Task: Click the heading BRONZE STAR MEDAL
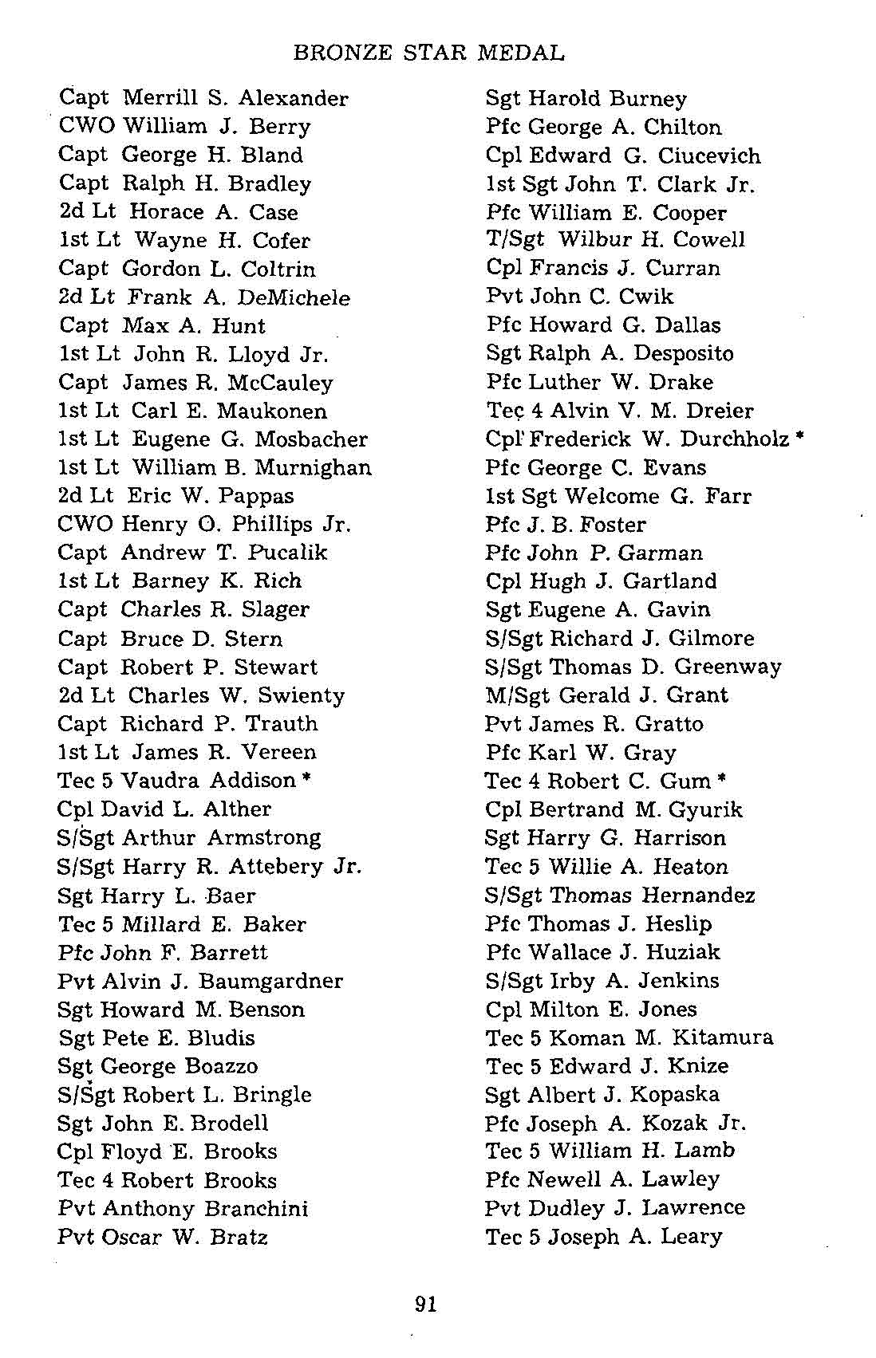[x=428, y=53]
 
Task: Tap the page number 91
[x=426, y=1305]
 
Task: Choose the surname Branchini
[x=255, y=1209]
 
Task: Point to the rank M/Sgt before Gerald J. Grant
[x=517, y=696]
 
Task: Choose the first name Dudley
[x=566, y=1209]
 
